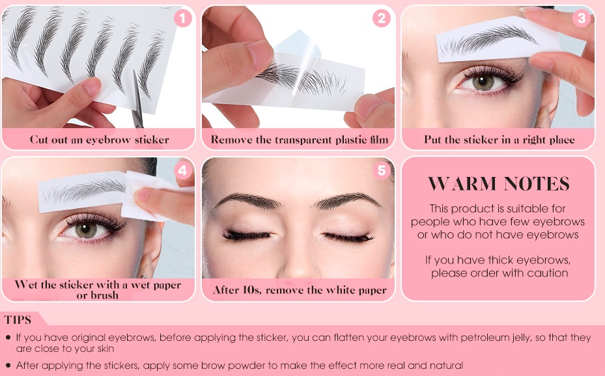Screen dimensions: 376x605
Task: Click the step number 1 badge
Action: (182, 18)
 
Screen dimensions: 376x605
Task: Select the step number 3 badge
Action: (581, 18)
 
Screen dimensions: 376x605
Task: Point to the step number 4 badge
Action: (183, 170)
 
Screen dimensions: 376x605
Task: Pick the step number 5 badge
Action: (382, 170)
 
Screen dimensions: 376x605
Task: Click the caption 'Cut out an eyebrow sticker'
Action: (99, 139)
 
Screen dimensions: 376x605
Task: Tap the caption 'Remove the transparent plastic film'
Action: (299, 139)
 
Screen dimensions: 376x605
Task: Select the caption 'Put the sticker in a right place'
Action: (499, 139)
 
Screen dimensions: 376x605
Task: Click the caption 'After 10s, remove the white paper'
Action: (300, 290)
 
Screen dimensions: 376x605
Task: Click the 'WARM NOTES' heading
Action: (499, 184)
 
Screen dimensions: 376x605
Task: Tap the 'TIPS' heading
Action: (18, 319)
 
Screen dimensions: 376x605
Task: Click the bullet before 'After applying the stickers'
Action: (8, 366)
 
